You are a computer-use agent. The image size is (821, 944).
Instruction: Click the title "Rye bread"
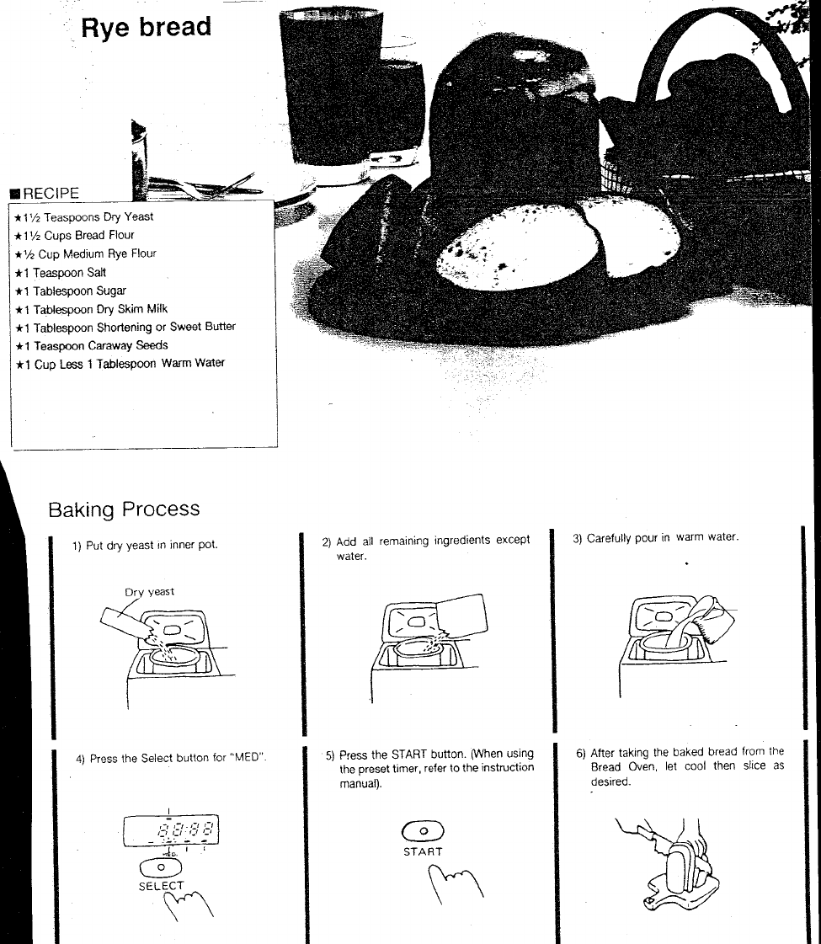(146, 28)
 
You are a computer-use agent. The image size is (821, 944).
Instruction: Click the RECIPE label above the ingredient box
(51, 193)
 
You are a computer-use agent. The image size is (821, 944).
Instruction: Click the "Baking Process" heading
(124, 509)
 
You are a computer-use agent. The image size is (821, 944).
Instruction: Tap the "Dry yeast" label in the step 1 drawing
(150, 592)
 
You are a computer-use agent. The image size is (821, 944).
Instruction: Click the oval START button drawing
(424, 831)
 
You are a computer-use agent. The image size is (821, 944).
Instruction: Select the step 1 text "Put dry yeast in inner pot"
(152, 545)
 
